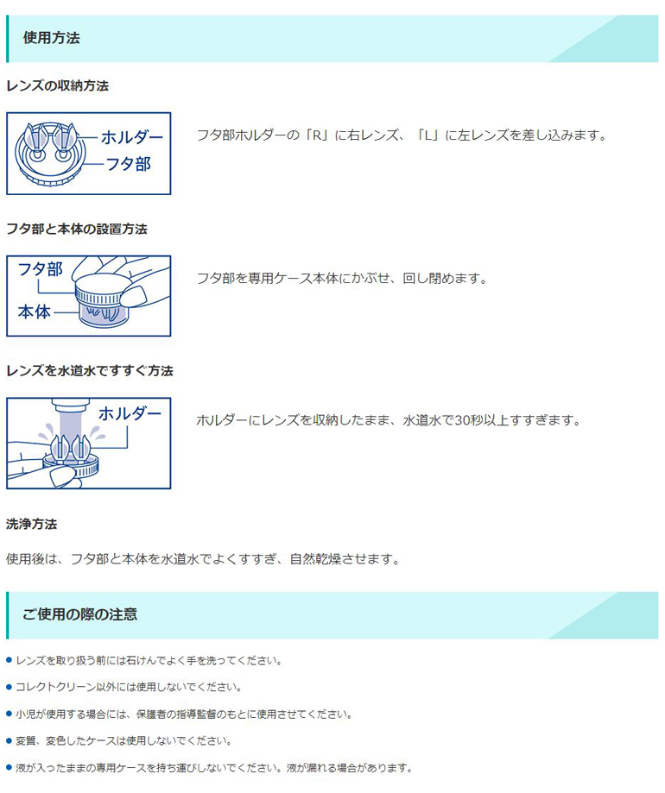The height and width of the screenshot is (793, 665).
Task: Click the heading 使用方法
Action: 52,38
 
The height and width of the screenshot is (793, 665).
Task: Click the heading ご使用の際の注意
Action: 79,614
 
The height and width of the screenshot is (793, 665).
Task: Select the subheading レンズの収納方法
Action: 57,86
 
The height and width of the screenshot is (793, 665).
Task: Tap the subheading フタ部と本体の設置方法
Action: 76,229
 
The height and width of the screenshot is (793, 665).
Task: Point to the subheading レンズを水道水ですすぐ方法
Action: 89,371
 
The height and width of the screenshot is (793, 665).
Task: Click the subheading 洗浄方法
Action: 31,524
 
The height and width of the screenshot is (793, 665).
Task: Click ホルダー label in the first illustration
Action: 131,137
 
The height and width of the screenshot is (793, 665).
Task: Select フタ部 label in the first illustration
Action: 128,163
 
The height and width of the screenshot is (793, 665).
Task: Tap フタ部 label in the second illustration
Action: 41,269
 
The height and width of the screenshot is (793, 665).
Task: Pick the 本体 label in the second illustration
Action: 35,312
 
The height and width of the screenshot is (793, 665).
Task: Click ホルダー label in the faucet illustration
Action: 130,413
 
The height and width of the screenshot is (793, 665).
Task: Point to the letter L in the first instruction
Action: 427,135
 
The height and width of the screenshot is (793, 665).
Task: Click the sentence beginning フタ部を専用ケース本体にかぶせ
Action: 342,279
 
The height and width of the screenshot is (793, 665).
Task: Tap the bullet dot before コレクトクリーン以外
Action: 9,687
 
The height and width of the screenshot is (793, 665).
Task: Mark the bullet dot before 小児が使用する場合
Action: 9,714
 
